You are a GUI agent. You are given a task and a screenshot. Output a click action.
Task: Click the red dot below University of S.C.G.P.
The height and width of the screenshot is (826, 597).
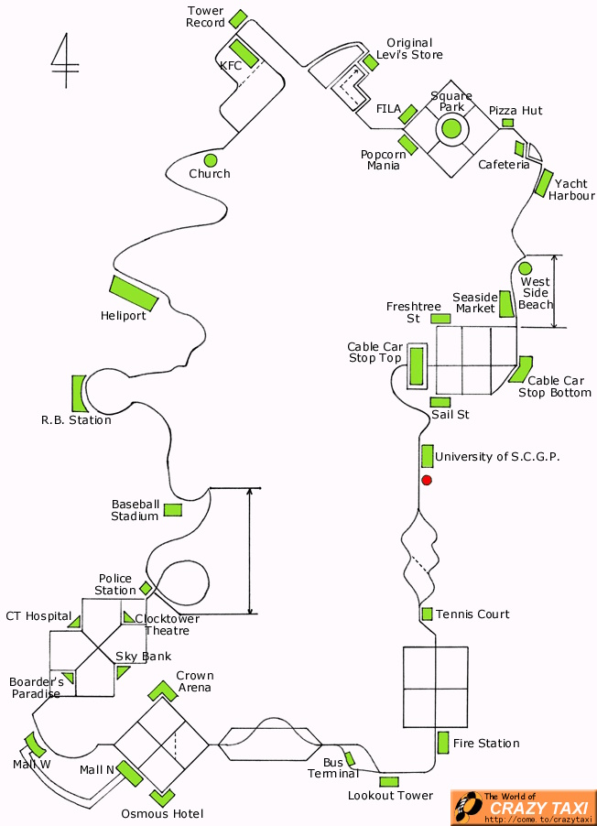427,480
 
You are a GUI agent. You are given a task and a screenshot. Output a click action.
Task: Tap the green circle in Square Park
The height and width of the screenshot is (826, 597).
451,128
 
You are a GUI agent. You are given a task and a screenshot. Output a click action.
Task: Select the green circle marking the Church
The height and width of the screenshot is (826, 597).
211,160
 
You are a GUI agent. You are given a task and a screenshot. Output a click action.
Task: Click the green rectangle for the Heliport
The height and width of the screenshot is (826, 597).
134,293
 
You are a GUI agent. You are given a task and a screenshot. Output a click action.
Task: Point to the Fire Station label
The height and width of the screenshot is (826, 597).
486,744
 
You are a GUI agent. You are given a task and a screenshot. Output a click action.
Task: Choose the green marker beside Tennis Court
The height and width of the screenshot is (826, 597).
427,614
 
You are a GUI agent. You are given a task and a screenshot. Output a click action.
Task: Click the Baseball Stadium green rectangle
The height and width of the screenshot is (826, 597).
173,510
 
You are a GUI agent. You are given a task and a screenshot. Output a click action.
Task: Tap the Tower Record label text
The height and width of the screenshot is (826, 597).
205,16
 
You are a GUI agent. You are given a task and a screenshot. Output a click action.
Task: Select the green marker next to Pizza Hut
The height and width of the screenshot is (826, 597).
507,123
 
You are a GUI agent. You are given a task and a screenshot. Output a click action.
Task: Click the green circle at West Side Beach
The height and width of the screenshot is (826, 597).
526,268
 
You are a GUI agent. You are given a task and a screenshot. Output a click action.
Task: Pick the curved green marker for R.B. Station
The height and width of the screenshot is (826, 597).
79,394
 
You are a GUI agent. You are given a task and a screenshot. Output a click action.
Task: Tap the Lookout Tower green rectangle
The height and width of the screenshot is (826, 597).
389,782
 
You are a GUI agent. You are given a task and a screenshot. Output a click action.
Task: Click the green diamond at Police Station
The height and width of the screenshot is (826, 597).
146,588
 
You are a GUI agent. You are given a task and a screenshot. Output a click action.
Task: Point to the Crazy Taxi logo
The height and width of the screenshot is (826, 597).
524,808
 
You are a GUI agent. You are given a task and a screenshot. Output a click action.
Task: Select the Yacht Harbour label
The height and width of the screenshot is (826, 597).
571,190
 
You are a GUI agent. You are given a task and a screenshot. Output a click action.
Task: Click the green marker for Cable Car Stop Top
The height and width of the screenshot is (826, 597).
417,366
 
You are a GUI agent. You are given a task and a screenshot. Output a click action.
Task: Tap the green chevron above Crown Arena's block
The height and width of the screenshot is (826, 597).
162,690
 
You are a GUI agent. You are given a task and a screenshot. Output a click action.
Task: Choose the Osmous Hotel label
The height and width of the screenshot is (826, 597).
162,814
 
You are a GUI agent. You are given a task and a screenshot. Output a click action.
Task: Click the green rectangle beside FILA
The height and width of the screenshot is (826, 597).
408,114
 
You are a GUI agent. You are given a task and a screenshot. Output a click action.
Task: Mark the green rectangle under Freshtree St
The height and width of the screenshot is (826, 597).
440,319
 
